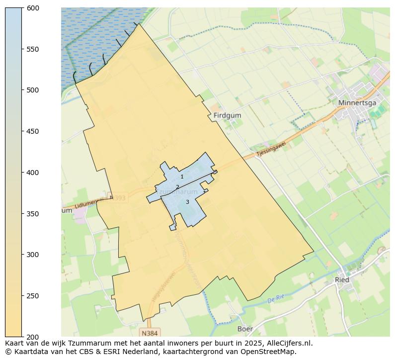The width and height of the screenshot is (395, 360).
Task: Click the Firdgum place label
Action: click(227, 115)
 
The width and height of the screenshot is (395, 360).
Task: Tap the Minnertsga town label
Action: click(357, 103)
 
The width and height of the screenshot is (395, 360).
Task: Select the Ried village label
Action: click(342, 279)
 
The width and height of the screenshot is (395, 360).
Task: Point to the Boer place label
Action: click(245, 329)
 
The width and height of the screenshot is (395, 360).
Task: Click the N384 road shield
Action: click(150, 333)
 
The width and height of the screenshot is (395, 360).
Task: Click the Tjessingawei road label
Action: click(271, 149)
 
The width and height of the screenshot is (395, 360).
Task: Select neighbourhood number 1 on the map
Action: click(182, 177)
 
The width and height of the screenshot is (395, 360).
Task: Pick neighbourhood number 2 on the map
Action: click(177, 187)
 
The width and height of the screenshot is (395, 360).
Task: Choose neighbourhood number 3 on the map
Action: click(187, 202)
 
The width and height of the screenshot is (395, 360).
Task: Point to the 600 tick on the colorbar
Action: click(33, 8)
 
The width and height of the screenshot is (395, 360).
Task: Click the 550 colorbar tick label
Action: click(33, 49)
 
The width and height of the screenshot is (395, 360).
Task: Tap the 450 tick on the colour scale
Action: click(33, 131)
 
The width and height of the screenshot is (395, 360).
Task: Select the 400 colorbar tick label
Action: click(33, 173)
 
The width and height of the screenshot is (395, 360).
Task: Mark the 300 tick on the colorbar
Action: click(33, 255)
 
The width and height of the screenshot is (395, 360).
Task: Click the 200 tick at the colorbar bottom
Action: click(33, 337)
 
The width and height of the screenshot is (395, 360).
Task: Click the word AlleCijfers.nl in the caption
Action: click(288, 343)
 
